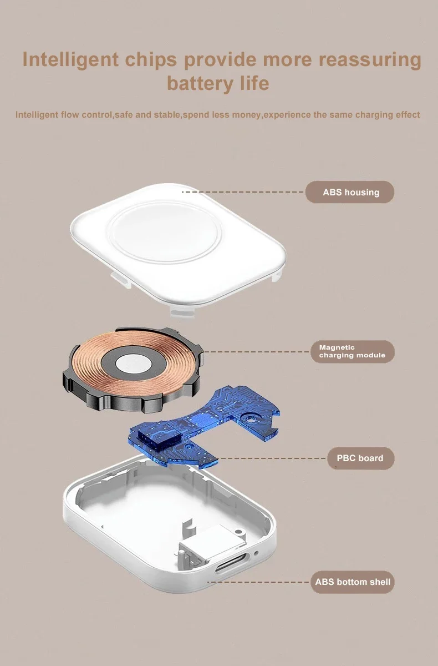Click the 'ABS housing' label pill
pyautogui.click(x=350, y=192)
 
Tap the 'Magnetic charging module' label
pyautogui.click(x=353, y=351)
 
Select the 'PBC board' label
pyautogui.click(x=361, y=458)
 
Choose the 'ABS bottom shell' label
pyautogui.click(x=353, y=582)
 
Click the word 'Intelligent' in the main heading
pyautogui.click(x=70, y=59)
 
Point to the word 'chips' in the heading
pyautogui.click(x=151, y=60)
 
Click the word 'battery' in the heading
pyautogui.click(x=200, y=84)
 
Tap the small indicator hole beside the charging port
pyautogui.click(x=256, y=553)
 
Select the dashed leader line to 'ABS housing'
pyautogui.click(x=243, y=192)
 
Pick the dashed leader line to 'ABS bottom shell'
pyautogui.click(x=258, y=582)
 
